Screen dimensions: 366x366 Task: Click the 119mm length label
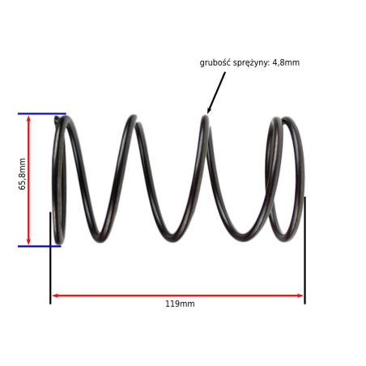tap(180, 304)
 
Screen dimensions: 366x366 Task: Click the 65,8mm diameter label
tap(22, 174)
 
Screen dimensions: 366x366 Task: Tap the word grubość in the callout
tap(215, 62)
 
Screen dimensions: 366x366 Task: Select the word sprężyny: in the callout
tap(251, 63)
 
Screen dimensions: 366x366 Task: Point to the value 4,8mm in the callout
tap(286, 63)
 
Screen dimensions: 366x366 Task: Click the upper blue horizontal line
tap(42, 113)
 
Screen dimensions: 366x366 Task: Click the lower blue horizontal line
tap(40, 246)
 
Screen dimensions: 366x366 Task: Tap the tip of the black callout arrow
tap(207, 113)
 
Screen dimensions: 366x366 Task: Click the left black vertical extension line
tap(50, 258)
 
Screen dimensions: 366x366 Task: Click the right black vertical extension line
tap(305, 250)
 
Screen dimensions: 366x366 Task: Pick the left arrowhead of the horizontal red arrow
tap(55, 296)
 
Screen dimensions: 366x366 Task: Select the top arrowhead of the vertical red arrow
tap(28, 118)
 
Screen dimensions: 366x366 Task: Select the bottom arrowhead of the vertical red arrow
tap(28, 241)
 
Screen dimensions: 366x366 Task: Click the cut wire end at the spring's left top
tap(57, 119)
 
